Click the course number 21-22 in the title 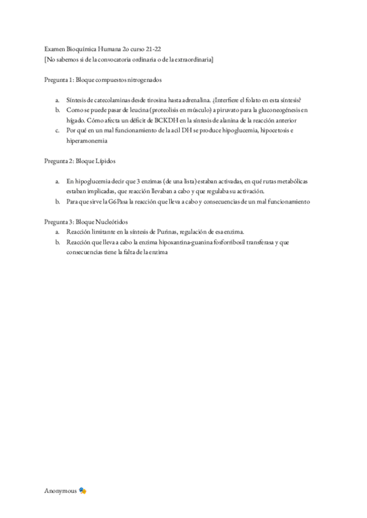point(155,48)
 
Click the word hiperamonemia point(87,140)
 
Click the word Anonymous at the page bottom point(61,491)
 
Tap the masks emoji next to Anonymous point(83,491)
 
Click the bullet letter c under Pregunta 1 point(56,131)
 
